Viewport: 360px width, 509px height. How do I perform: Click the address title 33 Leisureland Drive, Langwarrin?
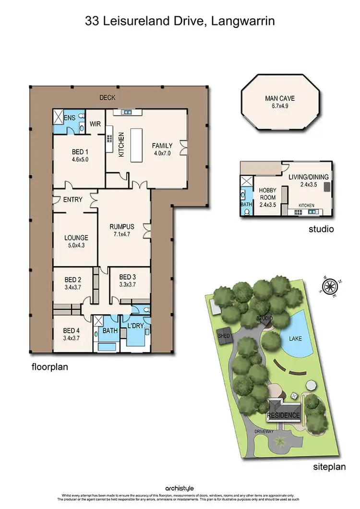[180, 21]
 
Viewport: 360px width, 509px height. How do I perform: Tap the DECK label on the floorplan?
[107, 98]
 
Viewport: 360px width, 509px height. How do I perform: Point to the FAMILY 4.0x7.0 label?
[162, 149]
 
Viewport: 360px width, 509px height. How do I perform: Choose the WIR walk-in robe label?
[95, 124]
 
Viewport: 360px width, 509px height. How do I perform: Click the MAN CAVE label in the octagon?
[279, 102]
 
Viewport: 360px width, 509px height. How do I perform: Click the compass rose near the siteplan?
[329, 287]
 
